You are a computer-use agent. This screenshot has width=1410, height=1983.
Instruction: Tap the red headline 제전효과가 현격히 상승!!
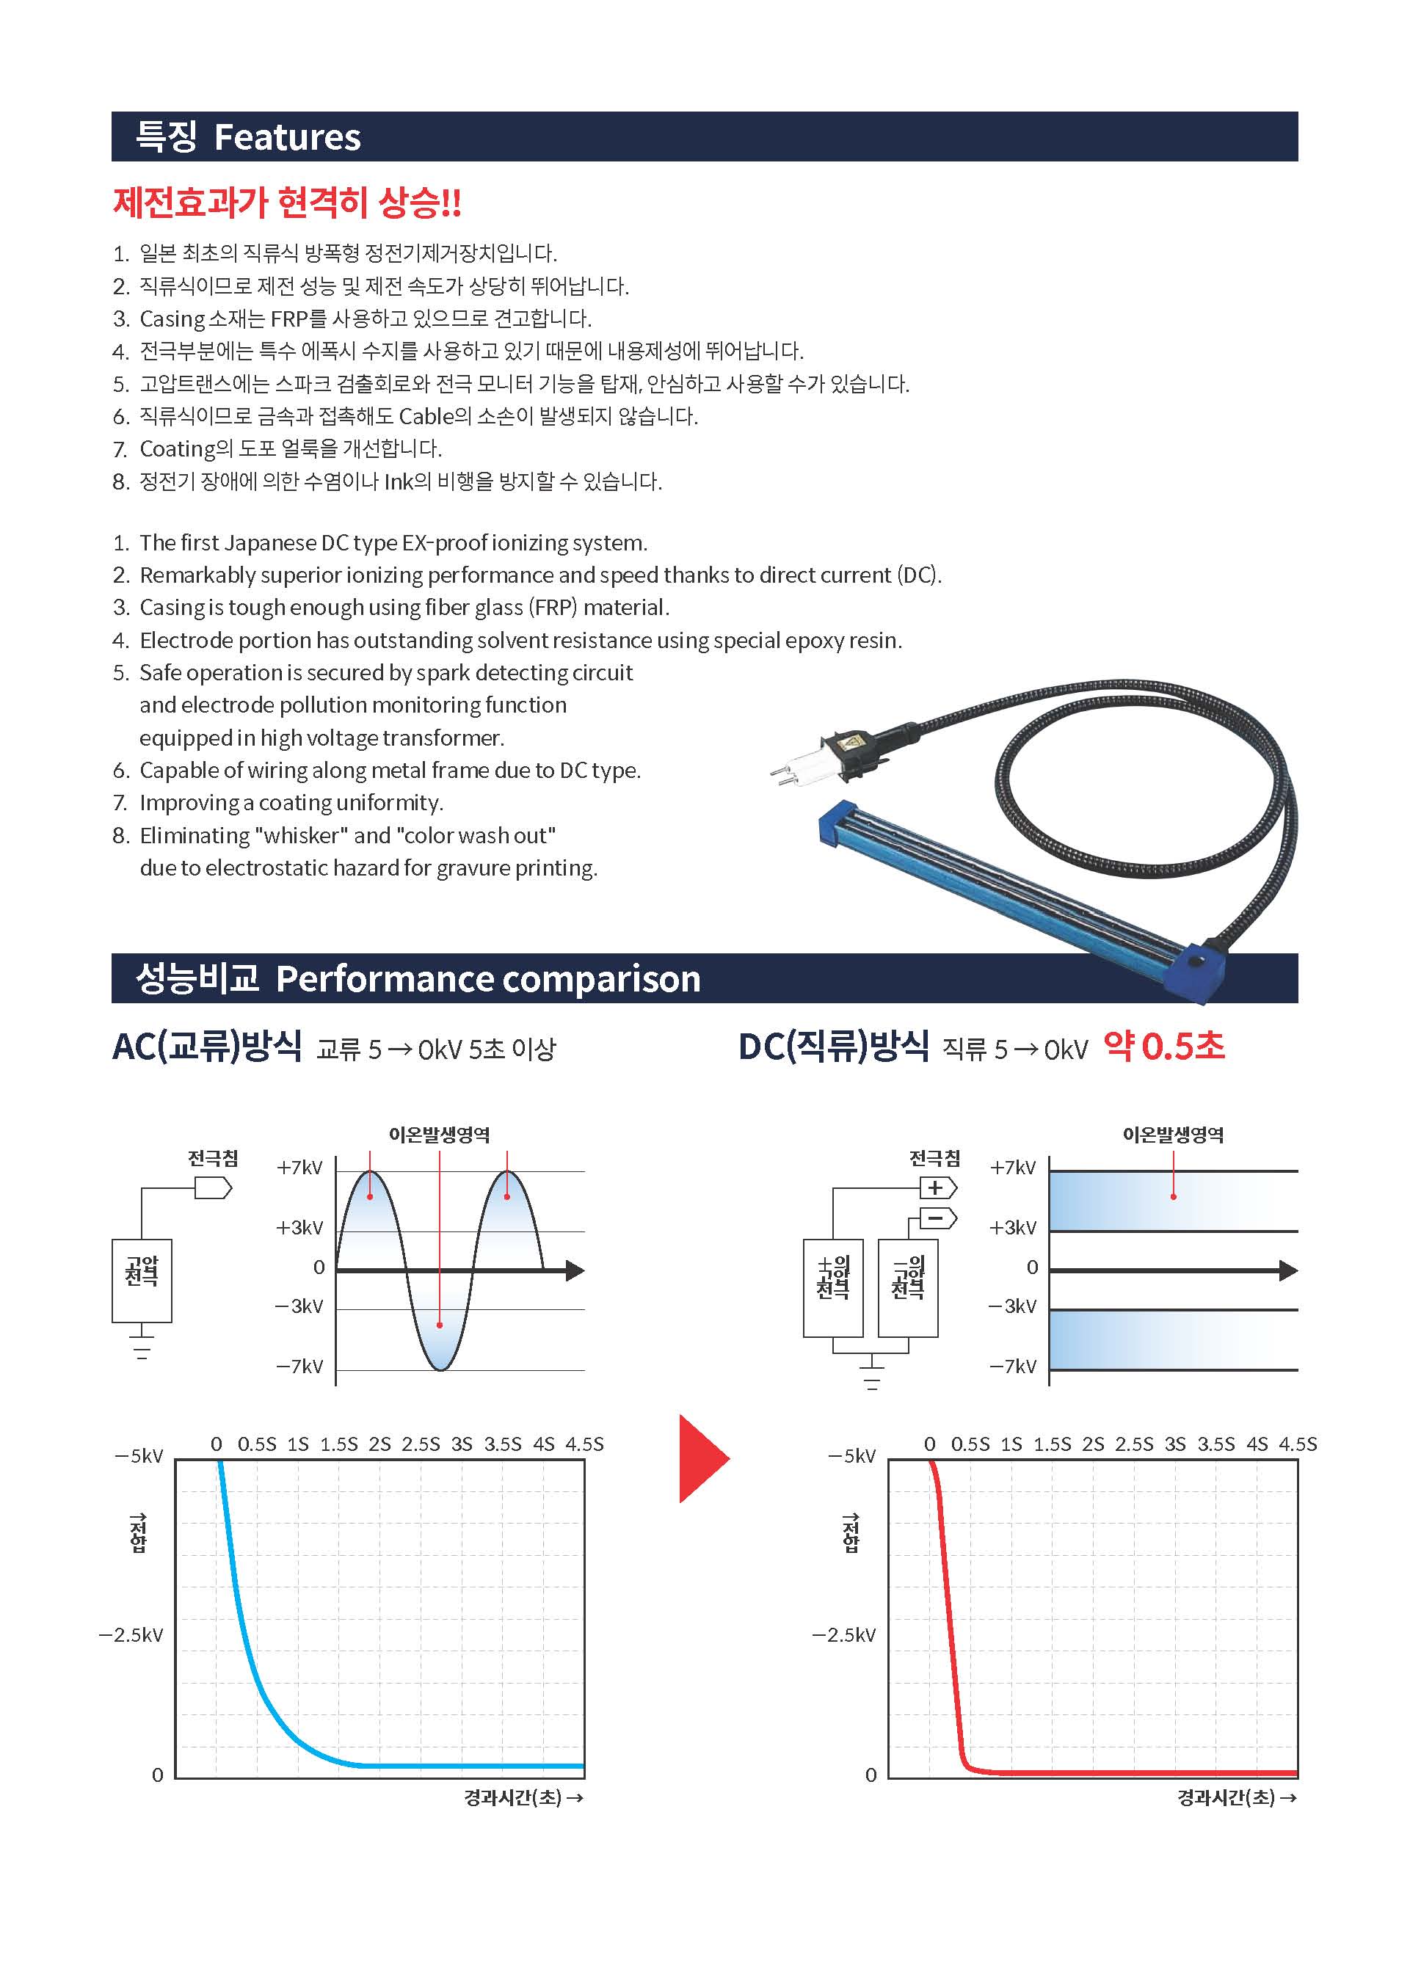288,203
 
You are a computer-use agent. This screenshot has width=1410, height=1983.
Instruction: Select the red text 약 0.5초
1163,1047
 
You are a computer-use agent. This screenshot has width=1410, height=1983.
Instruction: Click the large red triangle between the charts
703,1458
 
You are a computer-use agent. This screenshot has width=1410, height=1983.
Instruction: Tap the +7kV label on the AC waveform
299,1168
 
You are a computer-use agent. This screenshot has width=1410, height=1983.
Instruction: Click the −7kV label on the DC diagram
1012,1367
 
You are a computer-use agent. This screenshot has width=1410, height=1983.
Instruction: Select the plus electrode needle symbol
938,1187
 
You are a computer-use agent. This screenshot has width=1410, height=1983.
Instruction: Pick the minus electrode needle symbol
938,1218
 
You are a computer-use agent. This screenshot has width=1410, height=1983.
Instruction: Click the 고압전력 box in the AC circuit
142,1281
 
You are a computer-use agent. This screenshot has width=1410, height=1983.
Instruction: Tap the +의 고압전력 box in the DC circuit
832,1287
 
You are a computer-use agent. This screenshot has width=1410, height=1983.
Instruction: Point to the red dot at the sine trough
440,1325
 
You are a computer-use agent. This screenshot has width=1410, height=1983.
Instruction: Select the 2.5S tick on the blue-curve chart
421,1444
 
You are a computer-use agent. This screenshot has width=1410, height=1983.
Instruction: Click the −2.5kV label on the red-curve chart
843,1635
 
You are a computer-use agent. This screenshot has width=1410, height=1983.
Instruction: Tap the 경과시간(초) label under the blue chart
523,1797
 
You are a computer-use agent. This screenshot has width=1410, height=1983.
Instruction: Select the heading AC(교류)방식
207,1047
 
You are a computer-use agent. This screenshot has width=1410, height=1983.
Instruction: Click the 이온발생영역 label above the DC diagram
1173,1134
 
